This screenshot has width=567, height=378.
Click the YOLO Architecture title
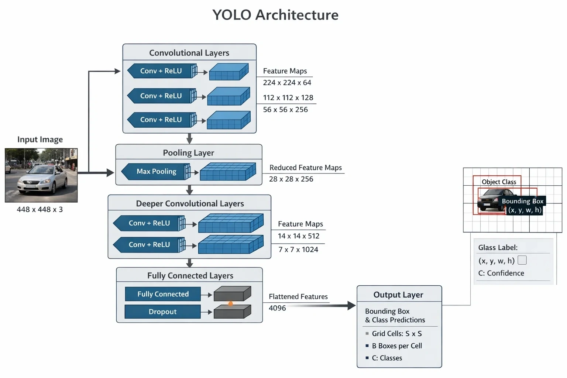point(275,15)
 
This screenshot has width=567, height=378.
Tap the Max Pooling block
point(156,171)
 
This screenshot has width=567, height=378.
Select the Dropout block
point(162,312)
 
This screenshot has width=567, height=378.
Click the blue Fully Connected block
point(163,294)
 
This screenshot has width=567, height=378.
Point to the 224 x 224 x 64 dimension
point(287,83)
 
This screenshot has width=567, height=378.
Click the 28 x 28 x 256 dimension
point(291,179)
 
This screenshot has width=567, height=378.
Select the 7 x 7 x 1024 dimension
point(298,250)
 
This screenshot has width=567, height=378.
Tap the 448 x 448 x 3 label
point(40,209)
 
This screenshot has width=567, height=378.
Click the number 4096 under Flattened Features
point(277,308)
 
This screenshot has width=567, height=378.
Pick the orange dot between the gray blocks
point(230,303)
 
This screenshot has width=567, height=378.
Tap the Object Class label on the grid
point(499,182)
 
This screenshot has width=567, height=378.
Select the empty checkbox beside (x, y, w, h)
point(522,260)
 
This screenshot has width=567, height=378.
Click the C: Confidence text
point(501,273)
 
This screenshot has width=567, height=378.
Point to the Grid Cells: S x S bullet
point(394,333)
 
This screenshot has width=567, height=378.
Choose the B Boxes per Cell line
point(394,346)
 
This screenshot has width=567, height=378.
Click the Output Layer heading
point(398,295)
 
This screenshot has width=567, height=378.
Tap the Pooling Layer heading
point(188,153)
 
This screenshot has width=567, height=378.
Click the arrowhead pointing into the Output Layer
point(351,306)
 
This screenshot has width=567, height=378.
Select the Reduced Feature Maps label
point(306,167)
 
